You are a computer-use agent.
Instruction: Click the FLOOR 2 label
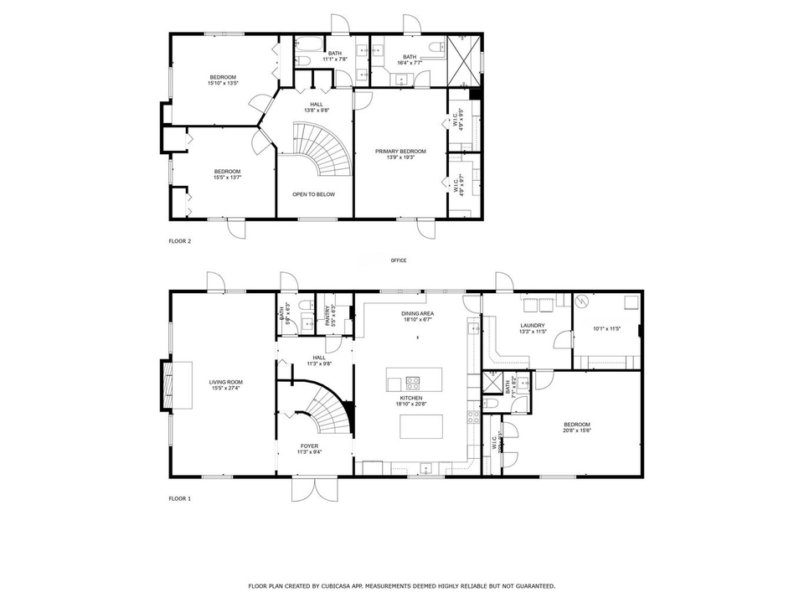tap(179, 241)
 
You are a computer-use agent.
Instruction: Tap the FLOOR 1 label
tap(179, 498)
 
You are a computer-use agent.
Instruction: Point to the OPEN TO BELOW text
tap(313, 194)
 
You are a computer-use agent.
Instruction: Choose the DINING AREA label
tap(410, 314)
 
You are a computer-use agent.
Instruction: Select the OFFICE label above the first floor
tap(399, 260)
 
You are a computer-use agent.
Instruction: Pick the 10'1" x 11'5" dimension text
tap(606, 328)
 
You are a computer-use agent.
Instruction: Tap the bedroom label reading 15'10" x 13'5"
tap(224, 80)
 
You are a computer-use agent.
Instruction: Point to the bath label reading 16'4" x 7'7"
tap(409, 59)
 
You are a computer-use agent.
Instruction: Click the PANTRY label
tap(330, 314)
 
